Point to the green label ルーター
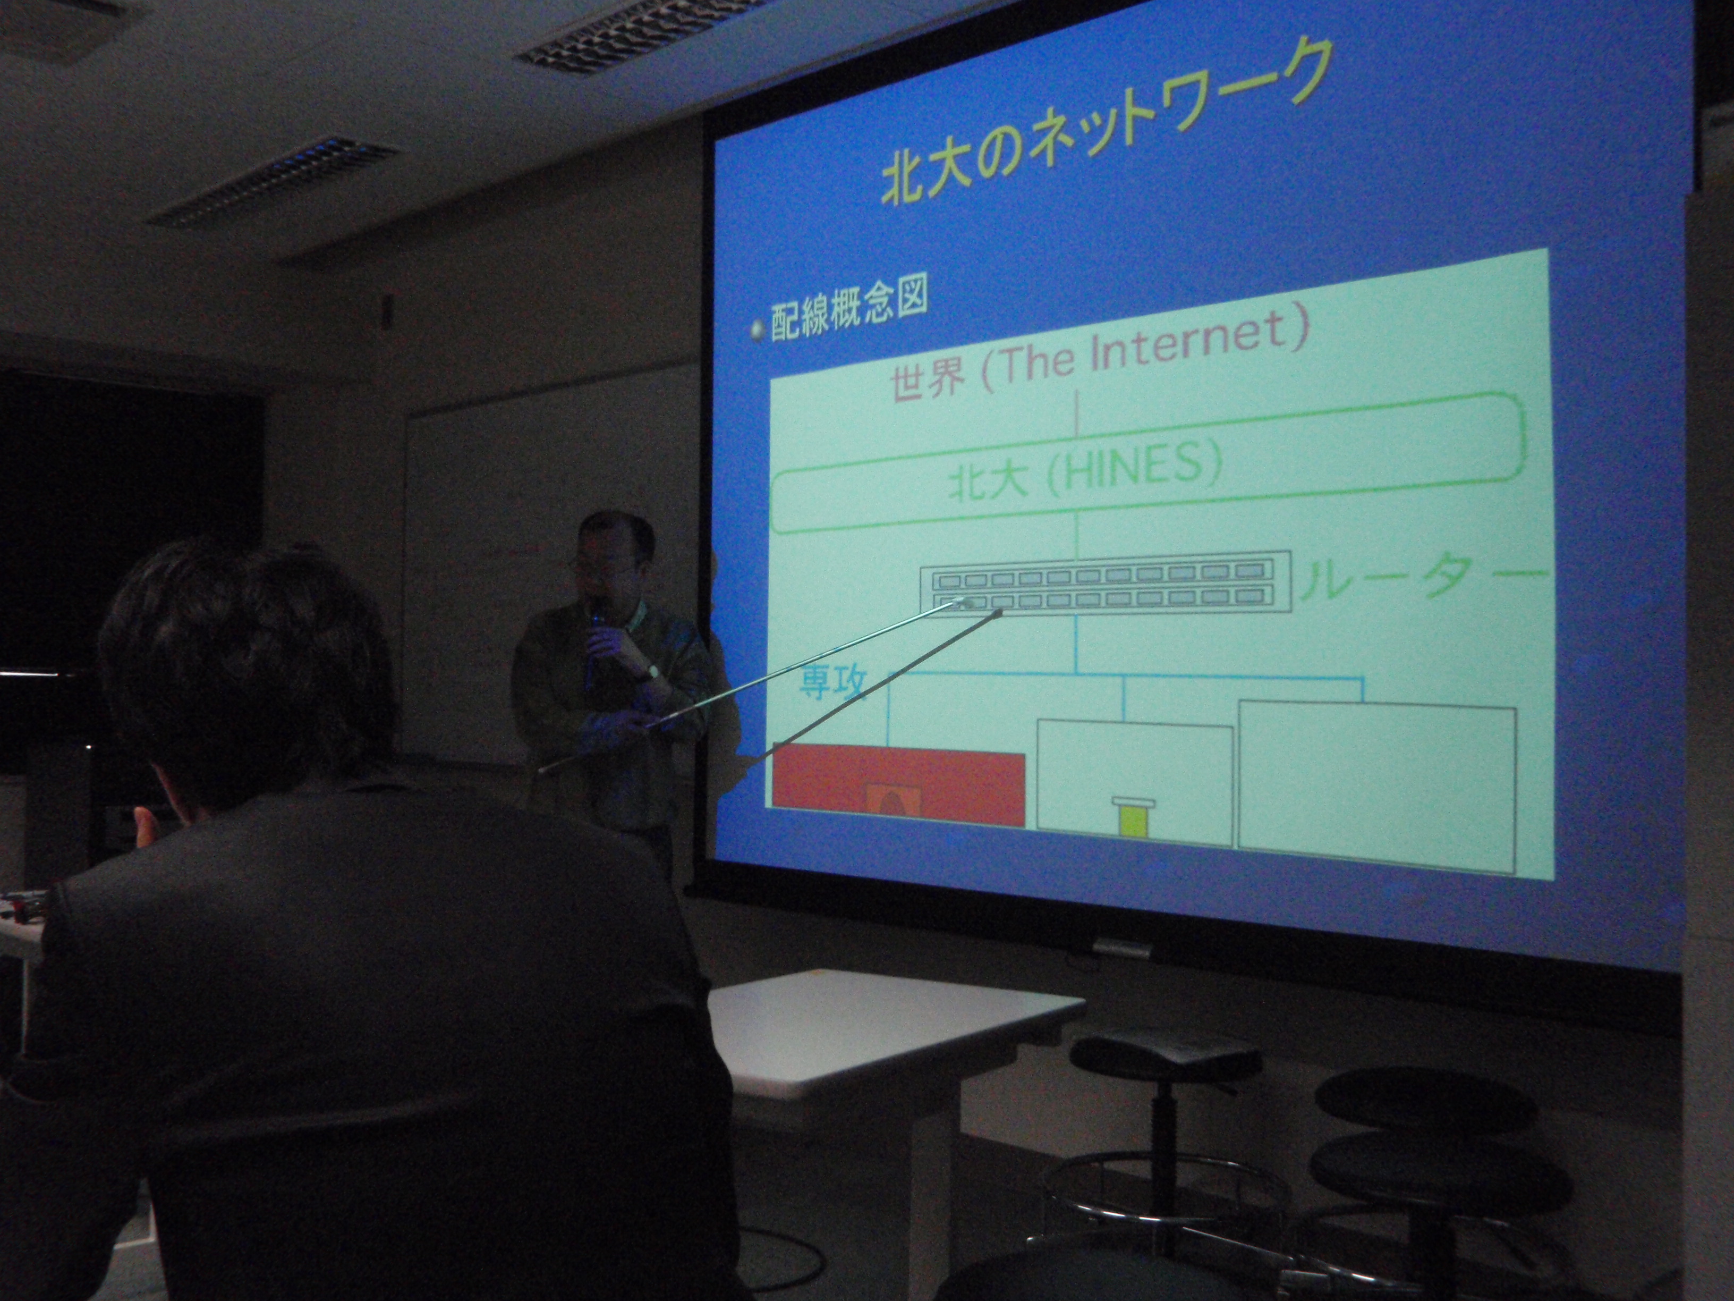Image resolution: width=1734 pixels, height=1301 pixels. click(x=1422, y=584)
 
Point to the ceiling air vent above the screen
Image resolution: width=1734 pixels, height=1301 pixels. click(x=635, y=31)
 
